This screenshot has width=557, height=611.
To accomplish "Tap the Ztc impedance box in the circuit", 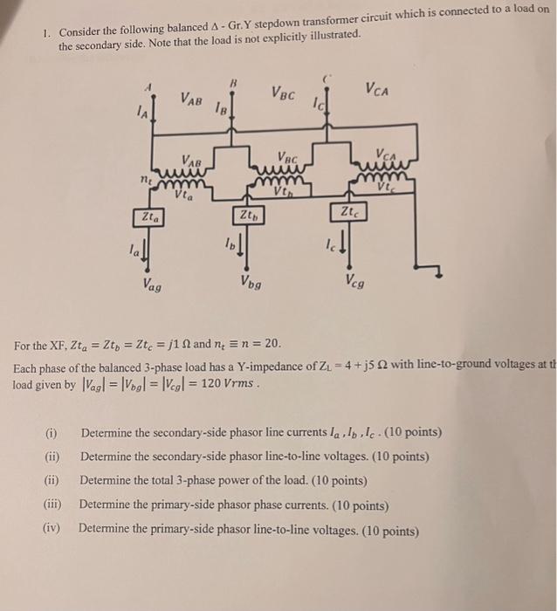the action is (347, 212).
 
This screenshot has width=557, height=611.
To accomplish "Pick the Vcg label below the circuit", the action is (354, 281).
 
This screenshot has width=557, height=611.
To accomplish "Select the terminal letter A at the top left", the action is (148, 86).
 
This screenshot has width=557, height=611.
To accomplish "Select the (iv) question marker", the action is (53, 529).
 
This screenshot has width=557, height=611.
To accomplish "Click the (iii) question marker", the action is (53, 505).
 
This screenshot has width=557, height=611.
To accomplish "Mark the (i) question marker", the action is (52, 432).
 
